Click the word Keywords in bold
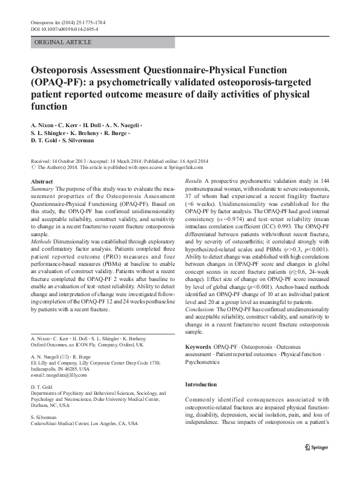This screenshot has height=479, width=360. [x=198, y=346]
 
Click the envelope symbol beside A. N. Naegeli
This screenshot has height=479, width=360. [x=68, y=358]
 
